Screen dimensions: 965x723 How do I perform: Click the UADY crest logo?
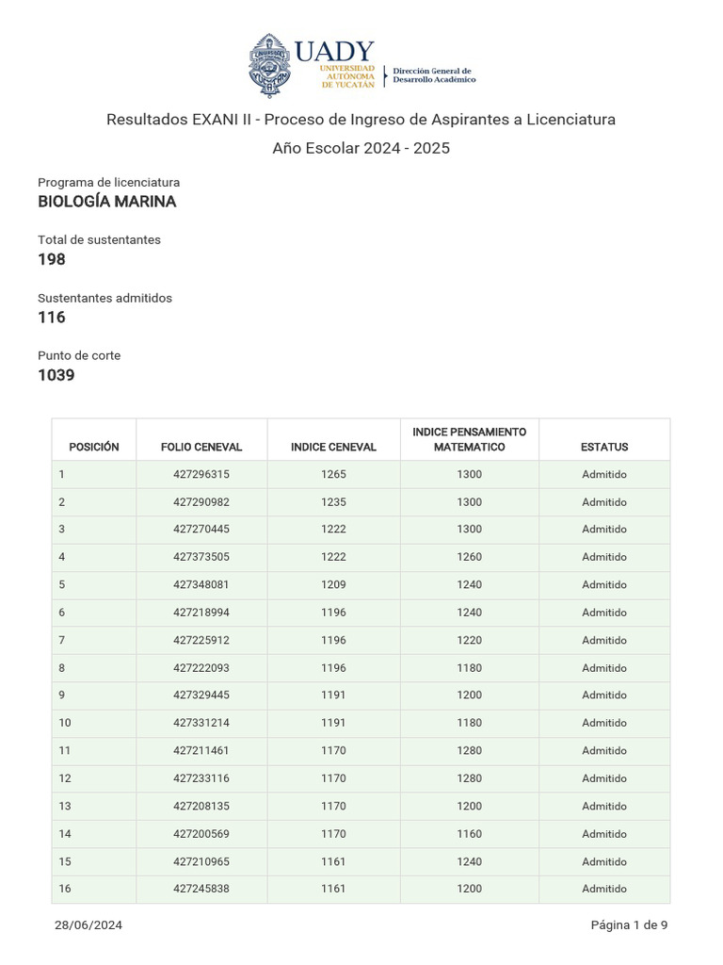pos(270,65)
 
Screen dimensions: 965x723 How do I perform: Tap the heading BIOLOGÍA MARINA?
pos(106,202)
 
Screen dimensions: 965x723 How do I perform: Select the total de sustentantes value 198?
pos(52,259)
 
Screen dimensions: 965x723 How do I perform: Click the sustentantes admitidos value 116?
pos(52,318)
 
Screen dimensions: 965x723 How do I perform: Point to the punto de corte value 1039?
pos(56,375)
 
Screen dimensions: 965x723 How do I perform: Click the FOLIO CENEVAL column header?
pos(201,447)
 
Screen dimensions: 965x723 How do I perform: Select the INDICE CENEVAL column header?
pos(333,447)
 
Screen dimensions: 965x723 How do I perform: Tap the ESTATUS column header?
pos(604,447)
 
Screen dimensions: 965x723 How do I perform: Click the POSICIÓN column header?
pos(94,447)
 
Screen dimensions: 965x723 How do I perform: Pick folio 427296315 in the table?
pos(201,475)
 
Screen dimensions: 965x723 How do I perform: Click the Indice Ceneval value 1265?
pos(333,475)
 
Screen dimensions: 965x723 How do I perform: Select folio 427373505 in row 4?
pos(201,557)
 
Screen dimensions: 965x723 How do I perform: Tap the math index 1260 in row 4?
pos(469,557)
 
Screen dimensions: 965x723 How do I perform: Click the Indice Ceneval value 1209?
pos(333,584)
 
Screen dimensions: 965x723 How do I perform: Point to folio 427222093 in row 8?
pos(201,668)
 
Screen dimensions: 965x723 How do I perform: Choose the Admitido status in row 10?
pos(604,723)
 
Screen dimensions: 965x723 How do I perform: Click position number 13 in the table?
pos(65,806)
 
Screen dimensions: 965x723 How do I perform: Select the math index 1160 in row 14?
pos(469,834)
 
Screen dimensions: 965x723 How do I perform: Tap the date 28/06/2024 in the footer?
pos(88,925)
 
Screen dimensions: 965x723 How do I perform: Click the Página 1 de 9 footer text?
pos(629,925)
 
